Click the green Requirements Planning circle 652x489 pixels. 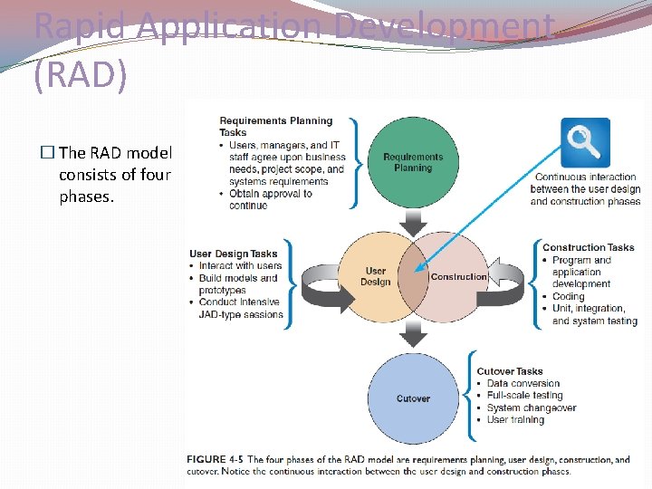[x=413, y=162]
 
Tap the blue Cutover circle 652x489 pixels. [x=413, y=398]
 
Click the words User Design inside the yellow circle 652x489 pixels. [x=376, y=276]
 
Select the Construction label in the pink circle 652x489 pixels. [x=458, y=276]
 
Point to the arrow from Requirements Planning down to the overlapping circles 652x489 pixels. [x=413, y=221]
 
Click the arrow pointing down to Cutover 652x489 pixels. [x=413, y=336]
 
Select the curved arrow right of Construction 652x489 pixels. [x=511, y=283]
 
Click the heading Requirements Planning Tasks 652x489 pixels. [x=275, y=126]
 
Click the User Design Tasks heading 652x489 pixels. [x=234, y=254]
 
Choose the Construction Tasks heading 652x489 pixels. [x=589, y=247]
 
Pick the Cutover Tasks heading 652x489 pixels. [x=510, y=371]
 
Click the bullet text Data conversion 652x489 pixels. [x=523, y=383]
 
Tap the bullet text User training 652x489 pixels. [x=515, y=419]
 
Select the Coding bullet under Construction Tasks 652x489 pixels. [x=569, y=296]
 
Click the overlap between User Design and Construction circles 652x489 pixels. [x=414, y=277]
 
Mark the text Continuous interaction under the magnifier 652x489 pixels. [x=585, y=177]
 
